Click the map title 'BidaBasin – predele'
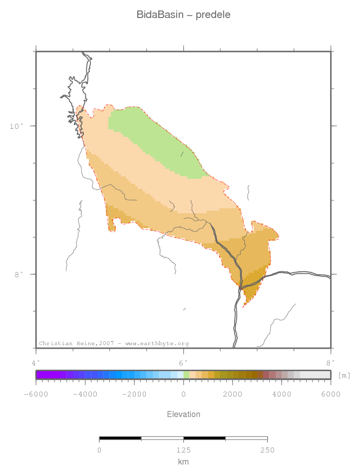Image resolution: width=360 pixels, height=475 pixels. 183,15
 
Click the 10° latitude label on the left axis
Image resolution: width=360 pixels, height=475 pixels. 17,126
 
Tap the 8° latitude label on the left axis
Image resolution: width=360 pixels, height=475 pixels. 18,274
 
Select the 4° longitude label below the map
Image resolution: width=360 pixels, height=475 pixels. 35,362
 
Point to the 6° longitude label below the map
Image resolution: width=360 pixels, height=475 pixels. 183,362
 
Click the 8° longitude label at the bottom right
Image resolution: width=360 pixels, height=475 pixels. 330,362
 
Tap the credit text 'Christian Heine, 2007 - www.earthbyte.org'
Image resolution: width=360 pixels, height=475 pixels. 114,344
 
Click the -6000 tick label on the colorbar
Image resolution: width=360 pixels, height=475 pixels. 35,394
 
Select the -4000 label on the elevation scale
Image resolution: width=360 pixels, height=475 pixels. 85,394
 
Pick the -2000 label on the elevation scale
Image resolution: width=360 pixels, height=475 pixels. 134,394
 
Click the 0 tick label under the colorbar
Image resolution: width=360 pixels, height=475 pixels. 184,394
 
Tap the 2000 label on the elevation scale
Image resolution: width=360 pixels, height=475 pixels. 232,394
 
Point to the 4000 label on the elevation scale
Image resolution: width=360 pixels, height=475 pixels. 282,394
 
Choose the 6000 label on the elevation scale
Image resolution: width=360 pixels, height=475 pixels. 331,394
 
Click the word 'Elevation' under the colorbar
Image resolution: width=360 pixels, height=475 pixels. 183,415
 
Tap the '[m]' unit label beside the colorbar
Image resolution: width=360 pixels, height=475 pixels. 344,375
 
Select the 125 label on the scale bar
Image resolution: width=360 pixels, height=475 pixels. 183,451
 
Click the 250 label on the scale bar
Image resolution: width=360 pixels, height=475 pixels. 267,451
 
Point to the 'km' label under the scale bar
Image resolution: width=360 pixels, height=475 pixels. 183,462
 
